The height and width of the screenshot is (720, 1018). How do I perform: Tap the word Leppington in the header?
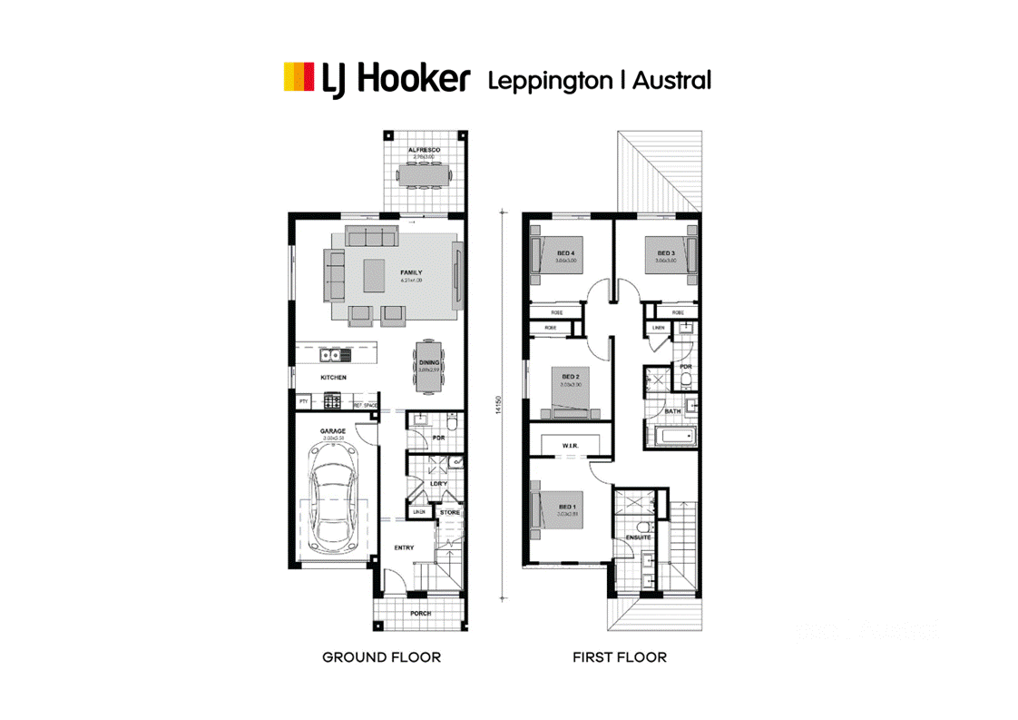[x=550, y=80]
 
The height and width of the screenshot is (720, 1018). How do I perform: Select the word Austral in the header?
[x=671, y=80]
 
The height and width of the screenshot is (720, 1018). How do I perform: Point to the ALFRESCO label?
[x=423, y=149]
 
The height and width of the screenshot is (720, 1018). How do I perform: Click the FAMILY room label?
[x=412, y=271]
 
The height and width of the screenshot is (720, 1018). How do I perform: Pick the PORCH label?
[x=420, y=613]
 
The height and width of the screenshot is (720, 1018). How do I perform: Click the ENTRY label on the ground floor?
[x=405, y=547]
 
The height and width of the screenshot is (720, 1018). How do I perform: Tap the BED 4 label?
[x=566, y=252]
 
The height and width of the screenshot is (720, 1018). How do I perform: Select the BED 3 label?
[x=666, y=252]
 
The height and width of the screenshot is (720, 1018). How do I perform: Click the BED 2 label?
[x=571, y=376]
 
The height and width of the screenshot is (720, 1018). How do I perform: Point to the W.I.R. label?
[x=571, y=445]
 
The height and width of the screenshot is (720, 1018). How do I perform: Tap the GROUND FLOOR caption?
[x=381, y=656]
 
